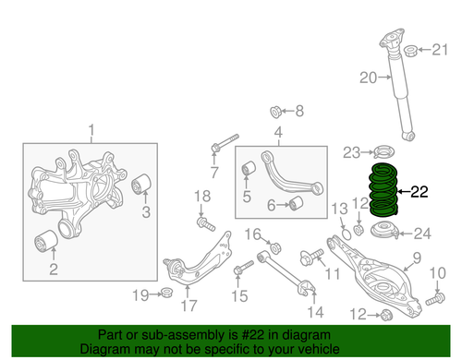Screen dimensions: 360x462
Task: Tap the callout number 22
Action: (x=419, y=193)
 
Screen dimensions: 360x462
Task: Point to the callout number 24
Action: (x=421, y=233)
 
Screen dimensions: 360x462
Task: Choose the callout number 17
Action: (x=188, y=306)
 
